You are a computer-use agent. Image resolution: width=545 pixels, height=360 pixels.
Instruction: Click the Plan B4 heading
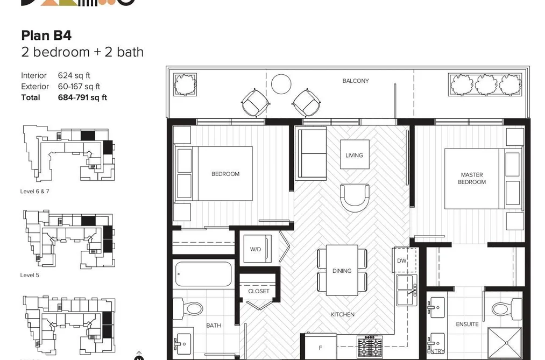(46, 36)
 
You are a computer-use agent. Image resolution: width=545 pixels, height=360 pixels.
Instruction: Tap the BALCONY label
(356, 81)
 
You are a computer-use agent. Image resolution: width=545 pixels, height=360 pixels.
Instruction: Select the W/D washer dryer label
(256, 249)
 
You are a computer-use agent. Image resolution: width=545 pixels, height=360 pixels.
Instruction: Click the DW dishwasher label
(401, 260)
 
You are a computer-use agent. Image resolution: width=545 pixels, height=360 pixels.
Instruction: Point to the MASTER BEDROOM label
(472, 178)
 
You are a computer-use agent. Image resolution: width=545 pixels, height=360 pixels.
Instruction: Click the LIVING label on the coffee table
(354, 156)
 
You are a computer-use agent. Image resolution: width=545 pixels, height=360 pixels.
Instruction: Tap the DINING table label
(342, 271)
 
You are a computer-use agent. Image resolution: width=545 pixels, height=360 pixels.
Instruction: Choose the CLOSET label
(259, 291)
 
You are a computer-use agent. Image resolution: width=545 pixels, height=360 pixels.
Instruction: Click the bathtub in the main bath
(204, 274)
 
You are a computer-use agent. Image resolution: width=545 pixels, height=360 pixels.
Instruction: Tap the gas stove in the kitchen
(370, 346)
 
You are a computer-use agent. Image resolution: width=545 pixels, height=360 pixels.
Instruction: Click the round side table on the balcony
(281, 84)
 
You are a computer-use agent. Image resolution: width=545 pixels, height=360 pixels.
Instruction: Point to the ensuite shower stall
(505, 343)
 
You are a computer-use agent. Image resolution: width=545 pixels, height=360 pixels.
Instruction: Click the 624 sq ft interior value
(74, 75)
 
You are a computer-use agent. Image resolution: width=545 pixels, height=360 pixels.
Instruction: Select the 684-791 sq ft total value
(82, 97)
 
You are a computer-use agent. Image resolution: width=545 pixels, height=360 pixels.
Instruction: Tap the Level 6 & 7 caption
(35, 192)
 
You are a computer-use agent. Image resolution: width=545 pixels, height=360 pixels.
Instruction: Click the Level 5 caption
(30, 275)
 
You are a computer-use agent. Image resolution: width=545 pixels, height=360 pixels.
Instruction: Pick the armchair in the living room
(355, 197)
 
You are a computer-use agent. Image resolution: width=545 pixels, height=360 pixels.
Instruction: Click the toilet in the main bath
(188, 308)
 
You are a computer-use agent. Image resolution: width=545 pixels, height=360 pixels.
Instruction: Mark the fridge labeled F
(321, 347)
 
